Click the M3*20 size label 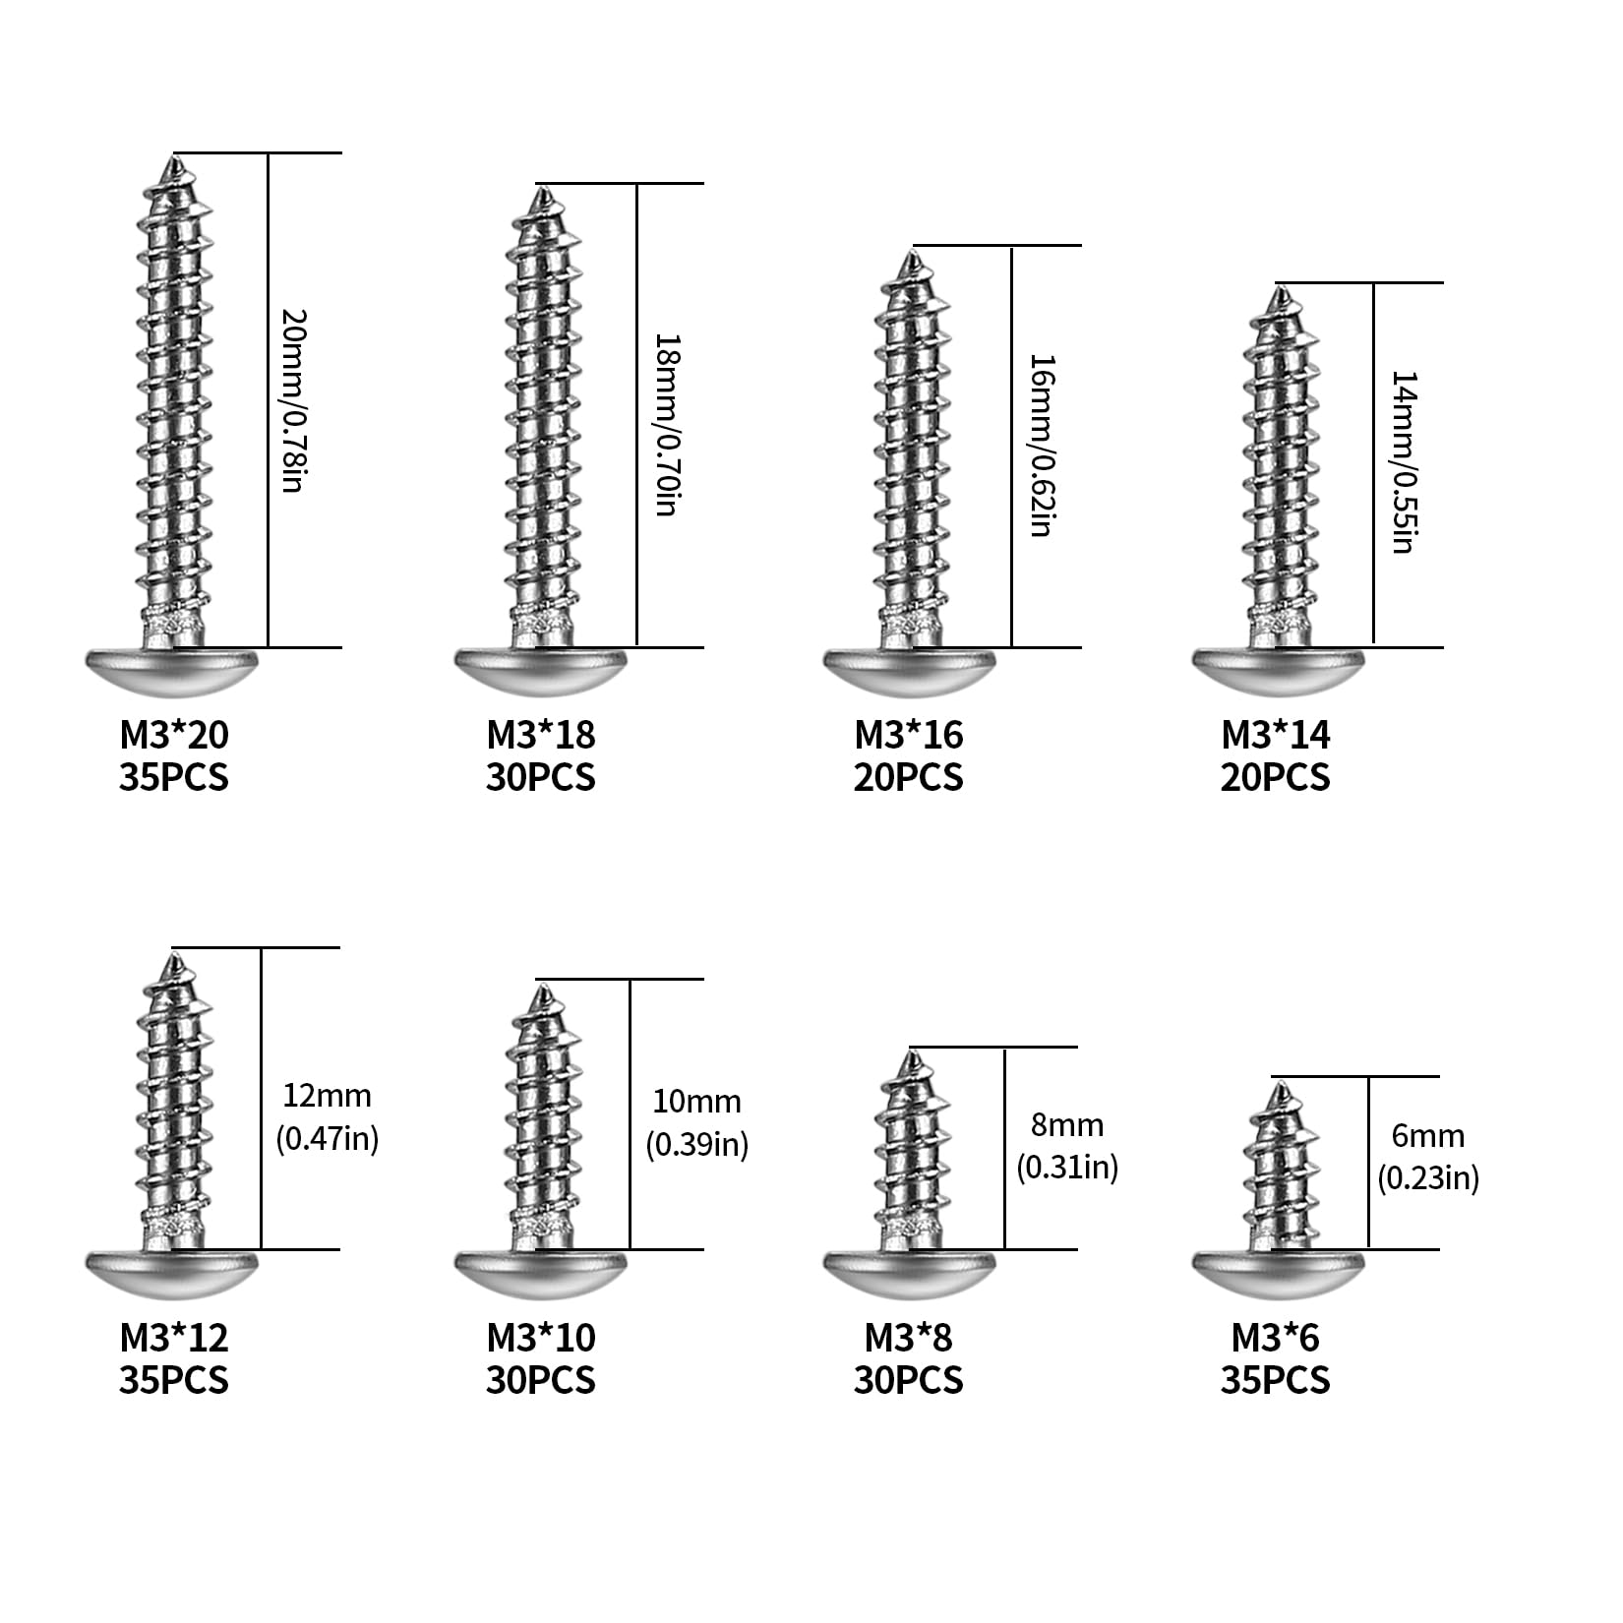coord(174,735)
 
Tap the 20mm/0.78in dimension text coord(293,401)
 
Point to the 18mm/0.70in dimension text coord(666,426)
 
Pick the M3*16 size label coord(909,735)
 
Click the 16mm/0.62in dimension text coord(1041,446)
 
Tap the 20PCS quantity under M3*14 coord(1276,778)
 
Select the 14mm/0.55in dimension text coord(1404,462)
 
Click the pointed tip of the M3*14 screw coord(1281,286)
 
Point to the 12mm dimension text coord(328,1095)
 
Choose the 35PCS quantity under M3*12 coord(174,1381)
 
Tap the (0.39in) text coord(697,1145)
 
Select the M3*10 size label coord(541,1338)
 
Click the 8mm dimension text coord(1067,1124)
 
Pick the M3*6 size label coord(1276,1338)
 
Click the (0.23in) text coord(1428,1177)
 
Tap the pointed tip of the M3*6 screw coord(1281,1084)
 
